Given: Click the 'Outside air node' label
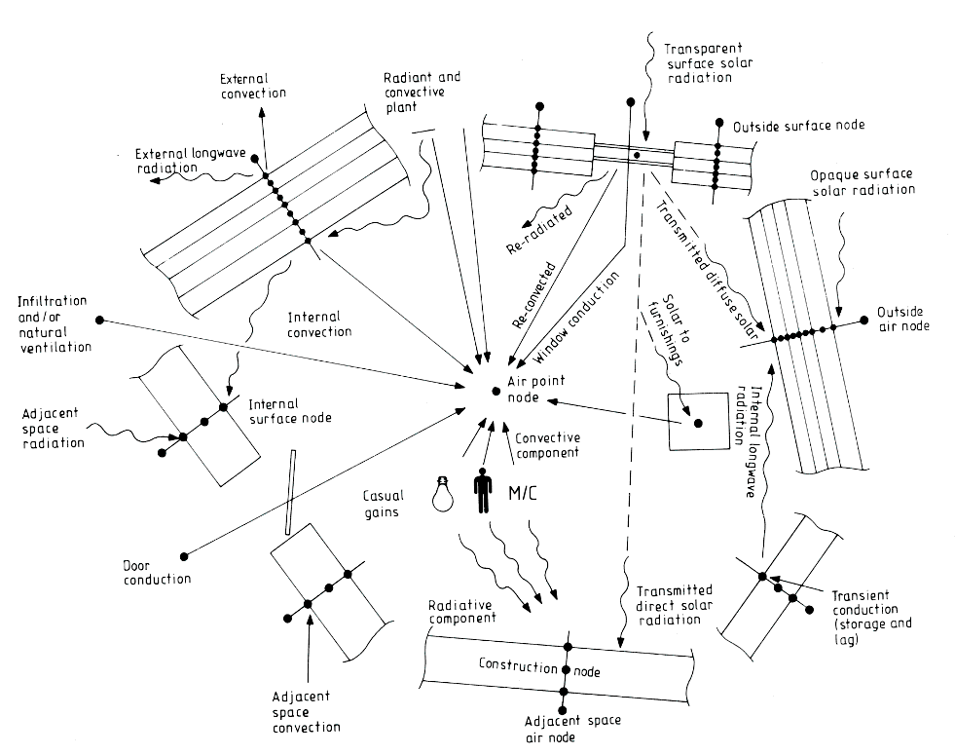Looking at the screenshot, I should (902, 319).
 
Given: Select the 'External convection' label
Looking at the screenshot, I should (253, 85).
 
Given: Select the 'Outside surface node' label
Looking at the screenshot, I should (798, 126).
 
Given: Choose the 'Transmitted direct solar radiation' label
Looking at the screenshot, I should (674, 604).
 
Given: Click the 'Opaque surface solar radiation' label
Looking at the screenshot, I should (863, 181).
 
